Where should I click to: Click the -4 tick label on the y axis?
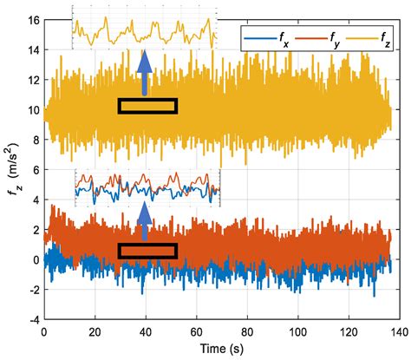[x=31, y=318]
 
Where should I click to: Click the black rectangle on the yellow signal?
[x=147, y=106]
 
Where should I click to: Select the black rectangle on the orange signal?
[x=147, y=251]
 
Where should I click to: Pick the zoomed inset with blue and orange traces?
[x=147, y=188]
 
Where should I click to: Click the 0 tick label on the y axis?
[x=33, y=259]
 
